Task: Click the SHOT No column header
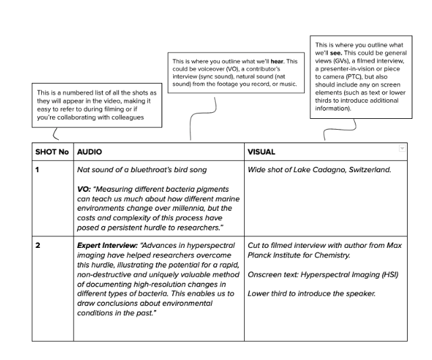(x=52, y=152)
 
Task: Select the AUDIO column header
(x=89, y=152)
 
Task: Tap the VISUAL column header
(x=261, y=152)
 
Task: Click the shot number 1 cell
(x=38, y=170)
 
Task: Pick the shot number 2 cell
(x=38, y=245)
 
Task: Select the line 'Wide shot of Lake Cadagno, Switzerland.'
(x=319, y=170)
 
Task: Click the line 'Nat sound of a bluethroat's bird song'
(x=142, y=170)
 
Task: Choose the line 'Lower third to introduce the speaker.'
(x=311, y=293)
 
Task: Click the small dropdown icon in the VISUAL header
(x=402, y=148)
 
